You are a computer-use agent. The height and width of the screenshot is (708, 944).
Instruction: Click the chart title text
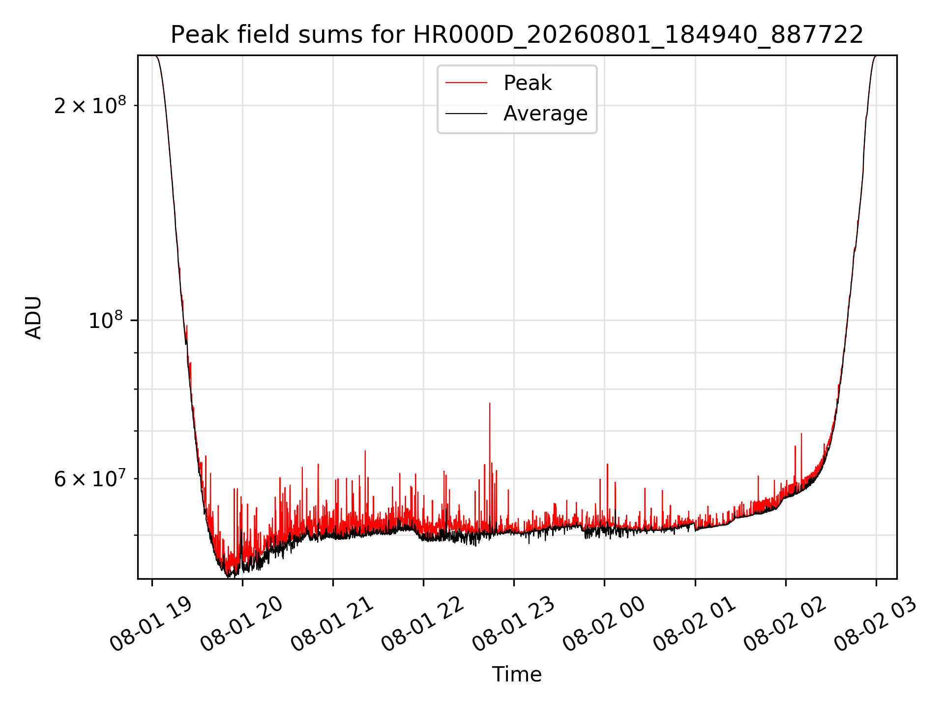click(x=517, y=35)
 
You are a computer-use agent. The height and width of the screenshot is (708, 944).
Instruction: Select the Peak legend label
click(x=528, y=83)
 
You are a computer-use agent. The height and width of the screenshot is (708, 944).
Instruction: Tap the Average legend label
click(x=545, y=114)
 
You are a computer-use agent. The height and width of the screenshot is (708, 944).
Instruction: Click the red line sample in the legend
click(x=466, y=83)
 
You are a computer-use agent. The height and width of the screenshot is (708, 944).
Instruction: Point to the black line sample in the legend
click(x=466, y=114)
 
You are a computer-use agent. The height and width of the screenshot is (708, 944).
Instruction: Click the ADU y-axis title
click(x=33, y=317)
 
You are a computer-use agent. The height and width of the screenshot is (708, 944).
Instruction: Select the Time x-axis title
click(x=517, y=674)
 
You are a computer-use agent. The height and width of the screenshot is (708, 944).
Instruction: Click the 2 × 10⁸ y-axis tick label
click(x=90, y=105)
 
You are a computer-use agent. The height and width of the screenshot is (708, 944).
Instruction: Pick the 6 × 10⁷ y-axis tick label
click(x=90, y=478)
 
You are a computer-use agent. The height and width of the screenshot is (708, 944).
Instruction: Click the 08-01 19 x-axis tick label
click(x=150, y=624)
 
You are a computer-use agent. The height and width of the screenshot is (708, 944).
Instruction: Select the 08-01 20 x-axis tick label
click(x=241, y=624)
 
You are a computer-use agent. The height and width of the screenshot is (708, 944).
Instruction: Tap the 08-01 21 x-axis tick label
click(x=332, y=624)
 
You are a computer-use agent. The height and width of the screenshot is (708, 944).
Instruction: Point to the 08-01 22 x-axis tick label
click(x=422, y=624)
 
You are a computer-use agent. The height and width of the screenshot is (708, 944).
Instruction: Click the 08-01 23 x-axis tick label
click(x=513, y=624)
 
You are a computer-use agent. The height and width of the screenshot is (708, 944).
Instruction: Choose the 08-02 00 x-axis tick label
click(x=603, y=624)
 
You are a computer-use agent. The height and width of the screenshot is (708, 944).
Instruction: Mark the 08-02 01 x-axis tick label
click(x=694, y=624)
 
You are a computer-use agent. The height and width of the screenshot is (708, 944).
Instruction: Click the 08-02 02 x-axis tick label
click(x=784, y=624)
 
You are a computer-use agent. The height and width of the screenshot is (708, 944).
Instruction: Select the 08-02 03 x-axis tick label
click(x=875, y=624)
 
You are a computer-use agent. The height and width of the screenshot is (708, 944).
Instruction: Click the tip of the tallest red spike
click(x=490, y=403)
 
